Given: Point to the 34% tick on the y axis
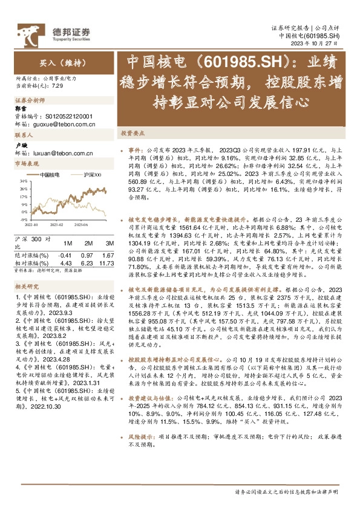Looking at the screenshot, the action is point(22,181).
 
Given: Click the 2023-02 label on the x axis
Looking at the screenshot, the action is point(56,224).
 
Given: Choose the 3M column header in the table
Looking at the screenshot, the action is point(105,242).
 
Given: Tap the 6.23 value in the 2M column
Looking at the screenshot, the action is point(88,263).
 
